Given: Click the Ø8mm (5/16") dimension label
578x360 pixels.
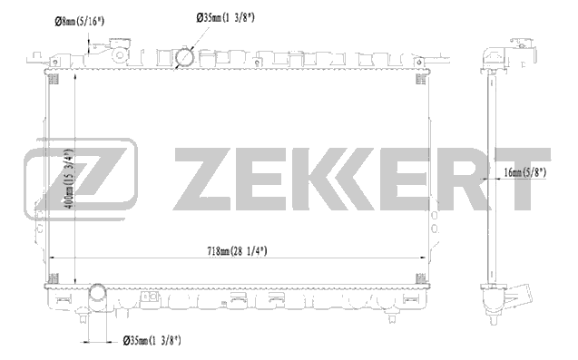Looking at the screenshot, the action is [x=79, y=22].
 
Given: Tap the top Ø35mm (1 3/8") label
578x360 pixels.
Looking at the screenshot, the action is [x=225, y=18].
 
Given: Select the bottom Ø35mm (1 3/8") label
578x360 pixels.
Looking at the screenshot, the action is [x=152, y=340].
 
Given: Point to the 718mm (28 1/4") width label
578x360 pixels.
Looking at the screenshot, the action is [x=237, y=251].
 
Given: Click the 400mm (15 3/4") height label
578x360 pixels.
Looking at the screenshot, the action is [x=69, y=179].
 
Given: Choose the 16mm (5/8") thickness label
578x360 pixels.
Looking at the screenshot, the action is [x=524, y=172].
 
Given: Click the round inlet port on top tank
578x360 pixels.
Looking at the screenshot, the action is [x=185, y=57].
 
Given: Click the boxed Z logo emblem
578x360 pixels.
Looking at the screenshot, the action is [x=81, y=179].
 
